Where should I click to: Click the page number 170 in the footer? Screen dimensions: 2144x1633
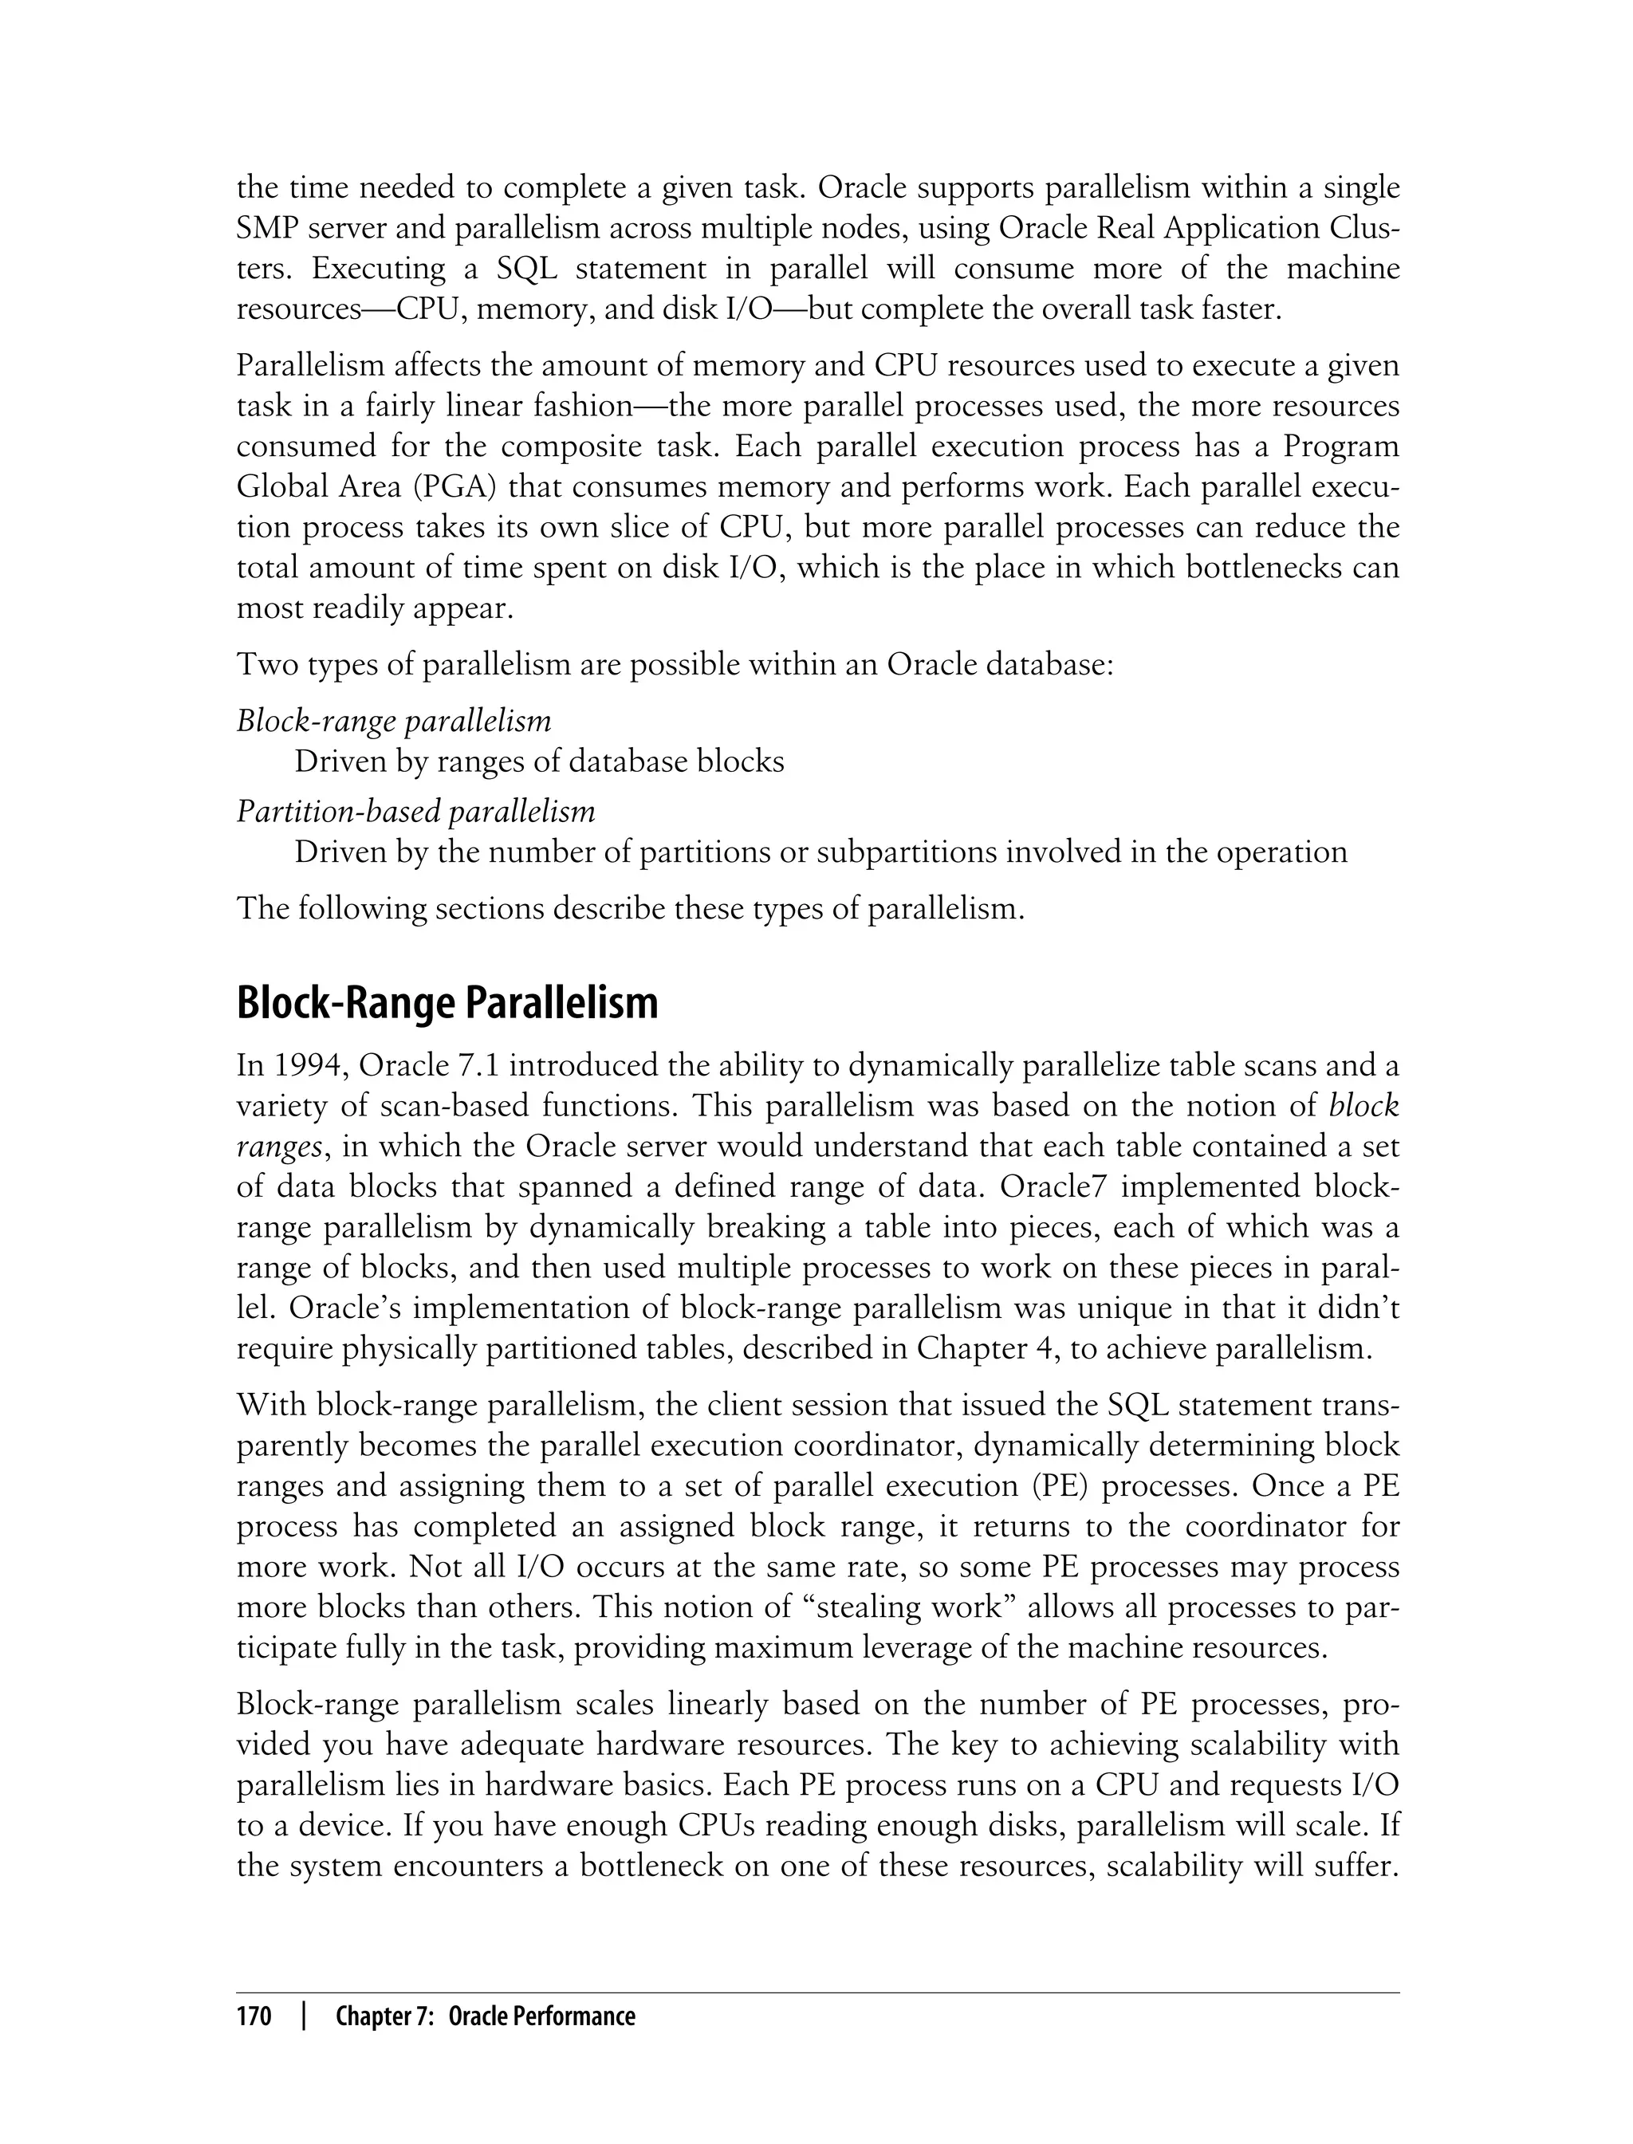pyautogui.click(x=254, y=2016)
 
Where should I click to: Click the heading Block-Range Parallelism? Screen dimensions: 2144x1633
pyautogui.click(x=447, y=1003)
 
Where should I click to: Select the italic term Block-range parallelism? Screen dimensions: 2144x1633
pyautogui.click(x=394, y=721)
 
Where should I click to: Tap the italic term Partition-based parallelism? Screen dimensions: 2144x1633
pyautogui.click(x=416, y=811)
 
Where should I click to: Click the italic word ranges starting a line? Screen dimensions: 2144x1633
pyautogui.click(x=279, y=1147)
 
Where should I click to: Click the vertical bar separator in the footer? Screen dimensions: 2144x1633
pyautogui.click(x=305, y=2016)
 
